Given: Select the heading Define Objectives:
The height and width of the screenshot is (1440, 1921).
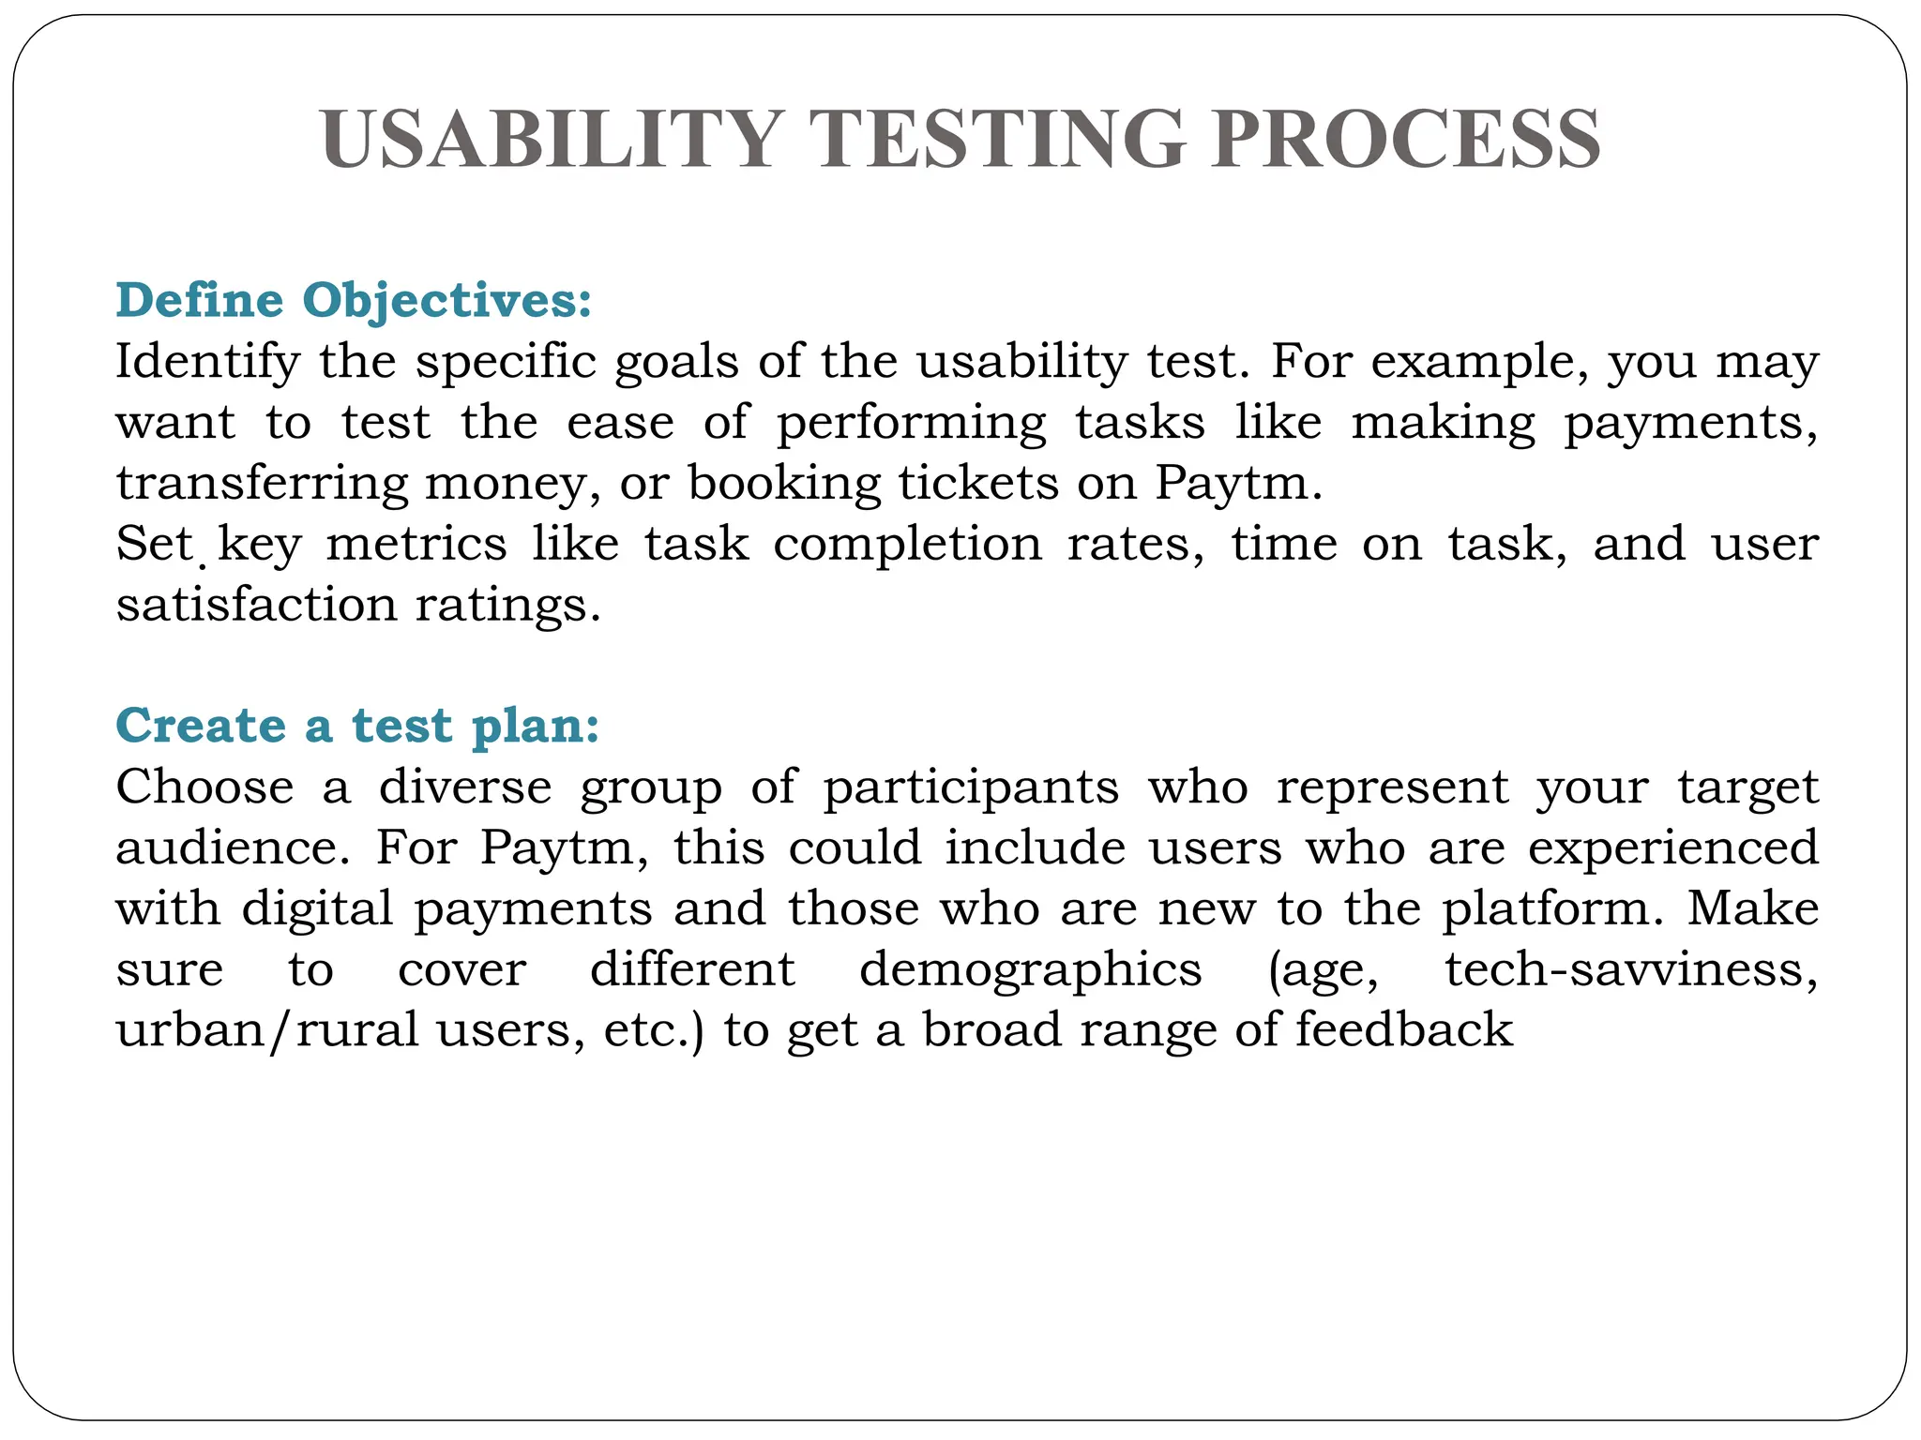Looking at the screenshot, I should (x=354, y=300).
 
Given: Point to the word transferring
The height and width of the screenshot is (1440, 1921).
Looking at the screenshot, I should (x=262, y=484).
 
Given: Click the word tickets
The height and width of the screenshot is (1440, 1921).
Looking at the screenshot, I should (x=976, y=483).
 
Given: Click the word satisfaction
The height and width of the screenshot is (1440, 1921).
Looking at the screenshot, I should (x=256, y=605).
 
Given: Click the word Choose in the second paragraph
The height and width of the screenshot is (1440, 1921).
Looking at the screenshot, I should (x=204, y=787).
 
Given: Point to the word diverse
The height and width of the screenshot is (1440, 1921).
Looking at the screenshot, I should (x=465, y=787).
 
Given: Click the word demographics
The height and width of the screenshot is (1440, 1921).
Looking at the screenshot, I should (x=1030, y=970).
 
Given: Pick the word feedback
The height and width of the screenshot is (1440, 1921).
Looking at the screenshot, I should (x=1404, y=1029).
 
